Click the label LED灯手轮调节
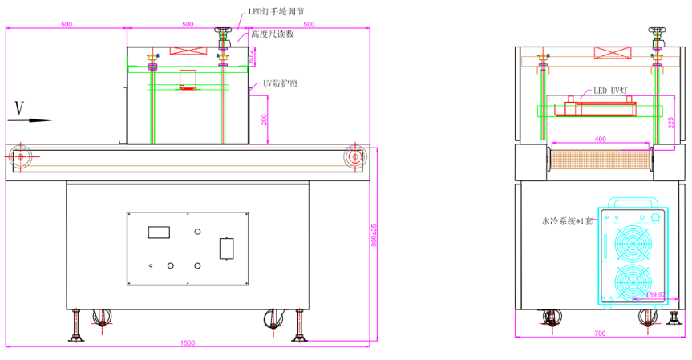(275, 11)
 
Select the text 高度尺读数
(272, 34)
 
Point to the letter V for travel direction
(20, 107)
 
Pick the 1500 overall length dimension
(187, 342)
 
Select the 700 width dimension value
(599, 332)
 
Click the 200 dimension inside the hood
(265, 119)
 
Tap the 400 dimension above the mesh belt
(600, 140)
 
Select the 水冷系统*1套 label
(568, 220)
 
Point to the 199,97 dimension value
(655, 295)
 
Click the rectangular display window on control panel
(159, 233)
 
